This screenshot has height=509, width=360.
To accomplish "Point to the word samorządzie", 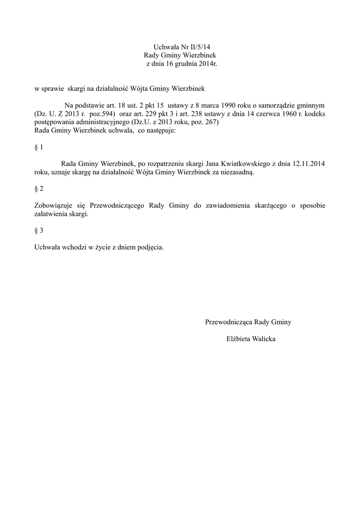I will [x=276, y=106].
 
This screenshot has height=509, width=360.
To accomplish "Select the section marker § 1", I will [x=39, y=148].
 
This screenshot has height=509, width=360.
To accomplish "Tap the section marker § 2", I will [x=39, y=189].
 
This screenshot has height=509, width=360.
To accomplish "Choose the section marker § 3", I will [x=39, y=231].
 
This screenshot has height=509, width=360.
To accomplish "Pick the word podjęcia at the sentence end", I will [x=149, y=247].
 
